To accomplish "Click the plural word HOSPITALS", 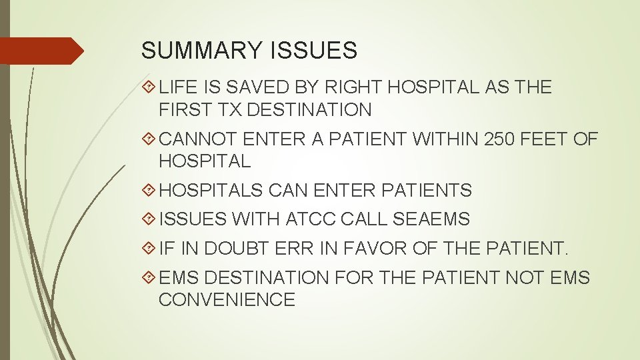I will pos(211,191).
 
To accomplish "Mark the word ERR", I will pos(290,248).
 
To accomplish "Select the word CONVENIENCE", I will pos(227,299).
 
